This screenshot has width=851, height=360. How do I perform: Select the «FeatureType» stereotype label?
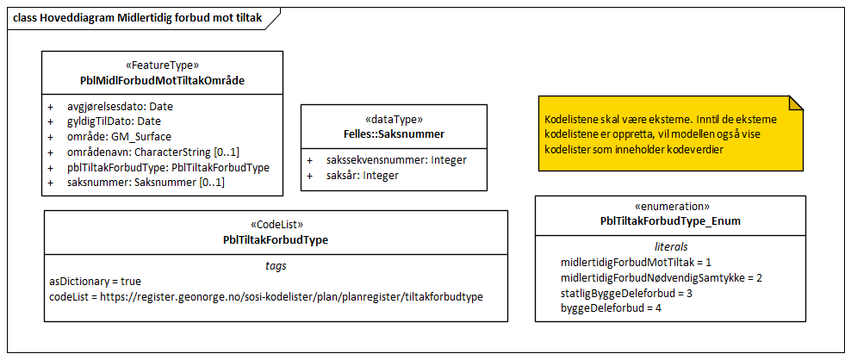pos(162,65)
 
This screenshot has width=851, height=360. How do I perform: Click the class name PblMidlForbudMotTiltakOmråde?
pos(162,80)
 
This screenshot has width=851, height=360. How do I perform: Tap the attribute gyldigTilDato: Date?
pos(114,121)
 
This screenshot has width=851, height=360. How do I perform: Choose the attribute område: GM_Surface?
pos(119,136)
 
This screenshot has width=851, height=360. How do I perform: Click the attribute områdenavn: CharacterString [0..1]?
pos(152,152)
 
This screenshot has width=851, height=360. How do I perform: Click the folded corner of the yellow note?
pos(796,103)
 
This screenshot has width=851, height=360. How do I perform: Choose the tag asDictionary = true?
pos(96,282)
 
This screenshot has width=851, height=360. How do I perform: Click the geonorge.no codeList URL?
pos(290,296)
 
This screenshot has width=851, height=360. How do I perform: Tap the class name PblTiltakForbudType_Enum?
pos(670,221)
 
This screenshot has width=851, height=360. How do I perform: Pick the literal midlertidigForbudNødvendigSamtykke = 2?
pos(662,277)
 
